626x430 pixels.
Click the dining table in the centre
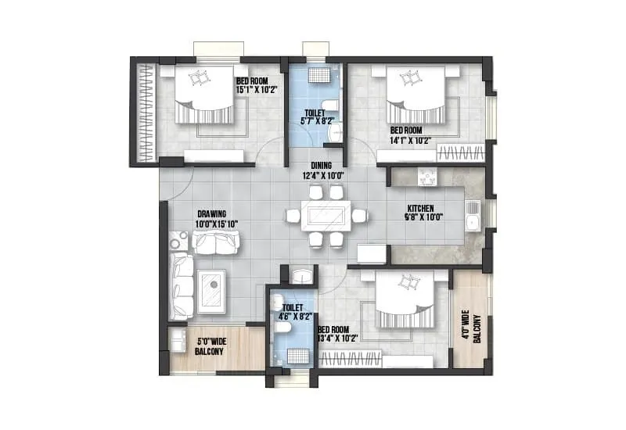tap(326, 215)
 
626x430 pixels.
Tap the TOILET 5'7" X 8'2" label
tap(315, 117)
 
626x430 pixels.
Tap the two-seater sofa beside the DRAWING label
tap(215, 242)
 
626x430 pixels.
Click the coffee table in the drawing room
tap(211, 291)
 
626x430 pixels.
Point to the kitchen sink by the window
tap(472, 215)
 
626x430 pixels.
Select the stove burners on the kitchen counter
tap(428, 177)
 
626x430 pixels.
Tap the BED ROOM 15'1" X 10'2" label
tap(255, 85)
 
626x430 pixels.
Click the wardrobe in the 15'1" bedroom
tap(146, 113)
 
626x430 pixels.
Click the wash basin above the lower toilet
tap(300, 274)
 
